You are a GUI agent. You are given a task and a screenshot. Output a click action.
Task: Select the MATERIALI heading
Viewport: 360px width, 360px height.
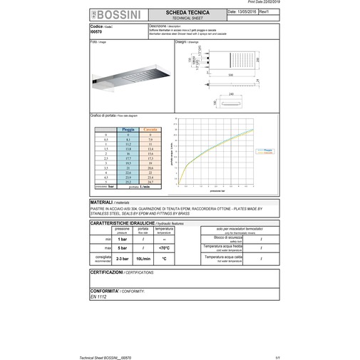106,203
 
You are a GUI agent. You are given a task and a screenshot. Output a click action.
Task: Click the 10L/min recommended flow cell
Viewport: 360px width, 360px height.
143,259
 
